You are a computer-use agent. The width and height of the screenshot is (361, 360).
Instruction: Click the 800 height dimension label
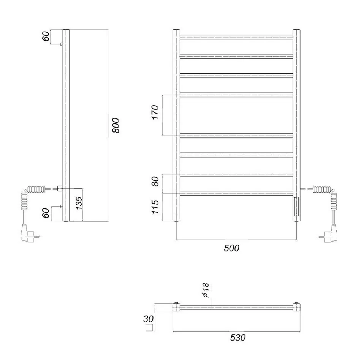(116, 125)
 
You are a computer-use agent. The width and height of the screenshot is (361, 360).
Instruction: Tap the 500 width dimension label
(232, 248)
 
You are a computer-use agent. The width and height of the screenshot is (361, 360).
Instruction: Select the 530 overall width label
(238, 338)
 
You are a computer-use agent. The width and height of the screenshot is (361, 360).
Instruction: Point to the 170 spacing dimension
(155, 112)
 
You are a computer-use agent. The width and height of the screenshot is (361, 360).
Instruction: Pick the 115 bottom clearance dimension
(155, 207)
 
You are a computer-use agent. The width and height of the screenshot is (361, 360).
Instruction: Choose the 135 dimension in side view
(79, 203)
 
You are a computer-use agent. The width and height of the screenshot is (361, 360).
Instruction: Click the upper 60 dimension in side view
(46, 36)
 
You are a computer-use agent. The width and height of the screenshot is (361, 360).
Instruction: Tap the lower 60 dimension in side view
(46, 213)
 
